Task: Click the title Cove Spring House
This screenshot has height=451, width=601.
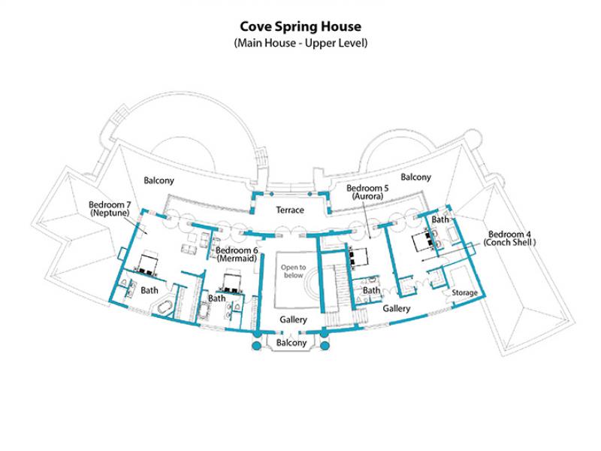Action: coord(300,26)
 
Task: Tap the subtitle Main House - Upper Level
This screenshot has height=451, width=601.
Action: coord(300,43)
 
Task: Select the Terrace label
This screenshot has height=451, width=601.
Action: coord(290,210)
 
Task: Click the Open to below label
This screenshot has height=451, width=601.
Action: coord(293,271)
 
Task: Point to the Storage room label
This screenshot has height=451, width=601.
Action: coord(464,292)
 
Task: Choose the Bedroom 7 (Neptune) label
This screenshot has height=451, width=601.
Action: coord(110,209)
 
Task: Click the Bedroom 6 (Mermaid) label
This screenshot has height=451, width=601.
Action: coord(237,254)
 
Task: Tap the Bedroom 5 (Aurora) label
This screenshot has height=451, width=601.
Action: coord(367,192)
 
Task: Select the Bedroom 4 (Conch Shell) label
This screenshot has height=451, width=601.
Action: coord(509,238)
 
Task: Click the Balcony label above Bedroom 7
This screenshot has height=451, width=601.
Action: coord(159,180)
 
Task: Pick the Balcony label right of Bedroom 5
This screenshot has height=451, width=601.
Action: coord(416,177)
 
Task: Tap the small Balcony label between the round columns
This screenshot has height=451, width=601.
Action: coord(291,343)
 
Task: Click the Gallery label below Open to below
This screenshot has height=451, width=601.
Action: coord(293,319)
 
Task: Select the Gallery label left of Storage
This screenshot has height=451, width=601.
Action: coord(397,308)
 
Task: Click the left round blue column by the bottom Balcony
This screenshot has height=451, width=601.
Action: coord(256,346)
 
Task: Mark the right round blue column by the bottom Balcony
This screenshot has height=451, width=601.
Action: coord(325,346)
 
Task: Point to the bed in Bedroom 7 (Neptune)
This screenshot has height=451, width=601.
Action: coord(147,263)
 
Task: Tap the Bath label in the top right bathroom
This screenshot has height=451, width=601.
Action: coord(440,219)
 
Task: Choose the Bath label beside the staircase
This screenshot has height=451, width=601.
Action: coord(371,290)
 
